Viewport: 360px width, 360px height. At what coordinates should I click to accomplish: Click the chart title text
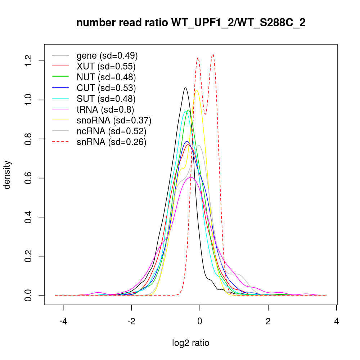pos(191,23)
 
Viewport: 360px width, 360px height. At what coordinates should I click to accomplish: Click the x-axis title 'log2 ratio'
pos(191,343)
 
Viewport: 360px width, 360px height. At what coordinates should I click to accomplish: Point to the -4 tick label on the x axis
pos(63,321)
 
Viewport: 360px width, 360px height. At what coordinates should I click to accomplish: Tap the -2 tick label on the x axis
pos(131,321)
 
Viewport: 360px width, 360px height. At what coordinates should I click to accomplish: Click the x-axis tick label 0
pos(199,321)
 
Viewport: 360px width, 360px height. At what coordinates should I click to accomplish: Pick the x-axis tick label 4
pos(336,321)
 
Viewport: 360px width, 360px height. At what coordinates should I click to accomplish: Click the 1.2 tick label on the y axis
pos(28,61)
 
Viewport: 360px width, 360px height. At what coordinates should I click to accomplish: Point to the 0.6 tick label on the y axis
pos(28,178)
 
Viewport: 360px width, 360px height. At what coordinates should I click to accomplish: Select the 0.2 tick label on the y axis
pos(28,256)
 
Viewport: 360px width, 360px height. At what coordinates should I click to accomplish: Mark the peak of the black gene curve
pos(185,87)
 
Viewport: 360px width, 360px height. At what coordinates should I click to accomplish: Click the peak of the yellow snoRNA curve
pos(197,90)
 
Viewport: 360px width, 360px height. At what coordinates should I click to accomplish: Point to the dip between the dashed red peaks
pos(205,114)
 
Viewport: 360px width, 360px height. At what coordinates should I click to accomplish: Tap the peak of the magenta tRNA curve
pos(191,177)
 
